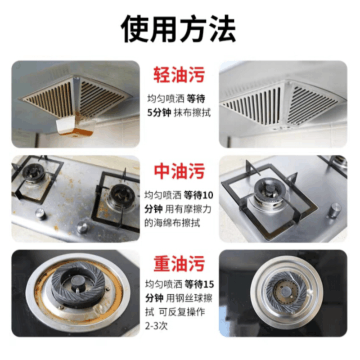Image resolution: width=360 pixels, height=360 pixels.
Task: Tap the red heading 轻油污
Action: pyautogui.click(x=179, y=75)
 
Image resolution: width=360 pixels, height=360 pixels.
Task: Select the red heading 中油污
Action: pyautogui.click(x=179, y=171)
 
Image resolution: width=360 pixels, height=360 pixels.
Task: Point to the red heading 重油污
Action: pyautogui.click(x=179, y=263)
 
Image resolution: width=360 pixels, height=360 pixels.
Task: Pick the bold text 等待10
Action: pyautogui.click(x=198, y=195)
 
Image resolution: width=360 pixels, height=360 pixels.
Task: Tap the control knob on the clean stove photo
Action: pyautogui.click(x=334, y=210)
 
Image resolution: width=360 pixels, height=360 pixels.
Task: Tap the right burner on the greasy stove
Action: pyautogui.click(x=121, y=193)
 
